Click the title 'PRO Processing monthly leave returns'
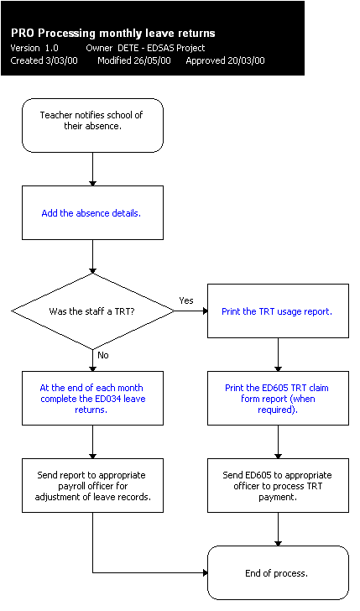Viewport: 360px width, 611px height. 112,33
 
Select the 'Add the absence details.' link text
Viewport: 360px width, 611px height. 91,213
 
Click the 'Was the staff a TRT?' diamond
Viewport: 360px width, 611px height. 91,311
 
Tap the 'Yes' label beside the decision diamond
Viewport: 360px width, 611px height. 185,300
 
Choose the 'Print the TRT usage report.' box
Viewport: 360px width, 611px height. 277,311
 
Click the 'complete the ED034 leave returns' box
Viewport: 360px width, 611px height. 91,399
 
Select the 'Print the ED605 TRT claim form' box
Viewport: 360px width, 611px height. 277,399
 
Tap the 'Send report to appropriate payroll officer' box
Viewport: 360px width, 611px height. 91,485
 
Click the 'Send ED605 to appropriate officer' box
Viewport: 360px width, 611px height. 277,485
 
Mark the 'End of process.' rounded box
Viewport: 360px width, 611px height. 277,573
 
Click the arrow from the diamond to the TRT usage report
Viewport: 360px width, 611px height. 191,311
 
